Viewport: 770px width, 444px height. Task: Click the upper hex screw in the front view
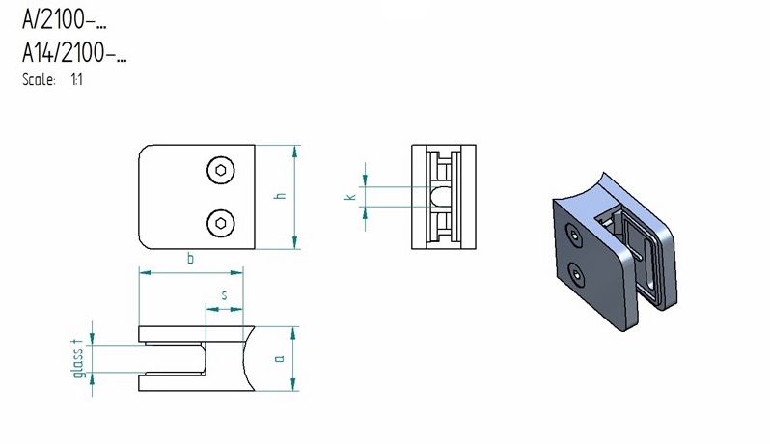(x=221, y=171)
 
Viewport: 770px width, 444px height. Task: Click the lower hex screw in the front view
(x=221, y=224)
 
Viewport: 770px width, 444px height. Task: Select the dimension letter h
(x=281, y=196)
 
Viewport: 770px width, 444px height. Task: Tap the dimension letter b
(x=190, y=258)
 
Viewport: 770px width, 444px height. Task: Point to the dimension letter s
(x=225, y=295)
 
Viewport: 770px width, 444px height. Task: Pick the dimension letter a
(x=280, y=358)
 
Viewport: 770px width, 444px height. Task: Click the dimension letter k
(x=350, y=197)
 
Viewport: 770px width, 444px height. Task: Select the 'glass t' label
(x=77, y=358)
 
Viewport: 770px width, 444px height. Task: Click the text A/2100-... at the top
(x=65, y=19)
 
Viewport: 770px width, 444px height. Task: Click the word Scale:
(x=39, y=79)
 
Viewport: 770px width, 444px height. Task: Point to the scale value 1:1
(x=76, y=79)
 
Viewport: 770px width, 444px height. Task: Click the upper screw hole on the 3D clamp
(x=573, y=236)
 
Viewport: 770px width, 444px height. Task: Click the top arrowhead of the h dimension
(x=294, y=152)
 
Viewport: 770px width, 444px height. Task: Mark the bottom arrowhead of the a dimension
(x=293, y=384)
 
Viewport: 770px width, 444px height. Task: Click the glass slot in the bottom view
(x=172, y=358)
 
